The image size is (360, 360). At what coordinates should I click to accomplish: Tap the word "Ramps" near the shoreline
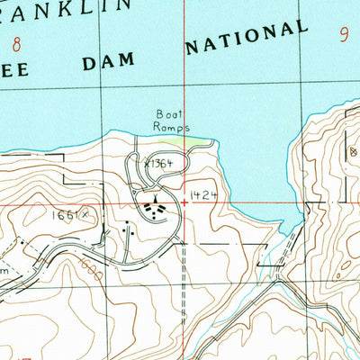coord(171,128)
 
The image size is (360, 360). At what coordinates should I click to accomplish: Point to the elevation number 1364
coord(160,164)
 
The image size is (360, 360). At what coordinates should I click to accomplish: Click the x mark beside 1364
coord(146,164)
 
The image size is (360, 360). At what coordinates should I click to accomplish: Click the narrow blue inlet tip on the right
coord(290,232)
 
